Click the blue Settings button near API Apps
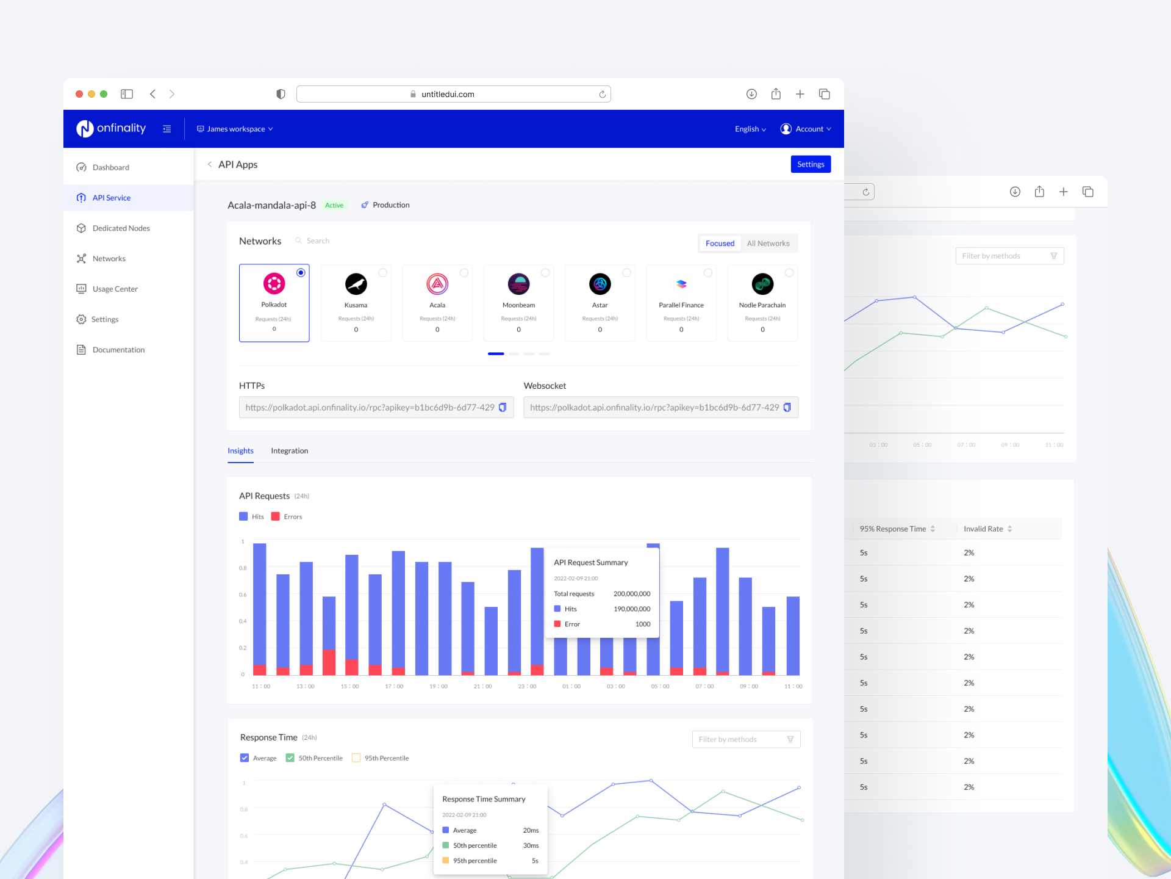[x=811, y=164]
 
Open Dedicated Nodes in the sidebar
[x=121, y=228]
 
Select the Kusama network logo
[x=356, y=284]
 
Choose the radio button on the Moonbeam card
[x=545, y=273]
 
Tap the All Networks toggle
[x=768, y=244]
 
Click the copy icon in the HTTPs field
[x=503, y=407]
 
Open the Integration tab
[x=289, y=450]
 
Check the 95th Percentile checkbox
[x=356, y=758]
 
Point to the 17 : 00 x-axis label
[x=394, y=686]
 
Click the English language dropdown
[x=750, y=129]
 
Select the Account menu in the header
[x=806, y=129]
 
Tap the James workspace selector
[x=235, y=129]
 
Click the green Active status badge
[x=334, y=205]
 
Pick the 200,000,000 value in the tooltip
[x=632, y=593]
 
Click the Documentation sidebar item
[x=118, y=350]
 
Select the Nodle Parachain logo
[x=762, y=284]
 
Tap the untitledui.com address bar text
[x=448, y=94]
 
